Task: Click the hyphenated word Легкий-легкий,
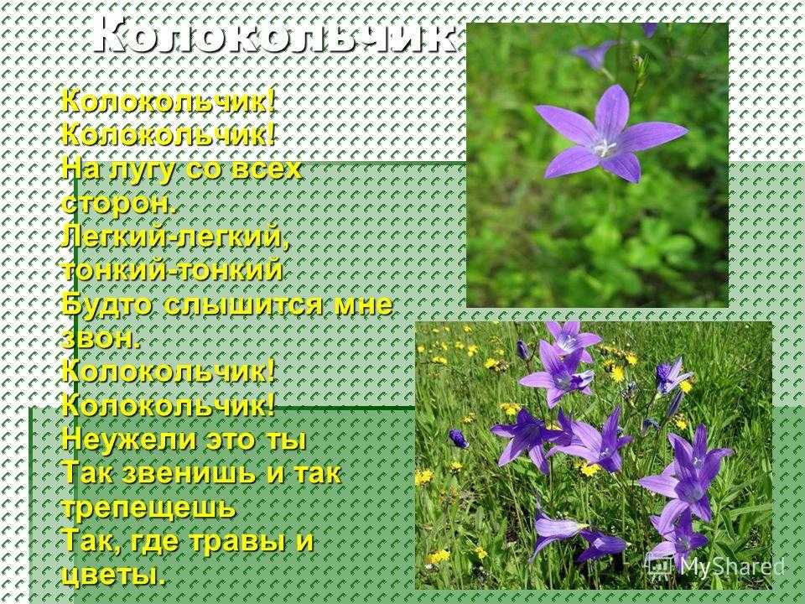pos(175,237)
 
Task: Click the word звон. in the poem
pos(100,340)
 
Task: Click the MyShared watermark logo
pos(715,565)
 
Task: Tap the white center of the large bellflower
pos(605,148)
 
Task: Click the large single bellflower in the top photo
pos(611,134)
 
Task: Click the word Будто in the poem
pos(107,305)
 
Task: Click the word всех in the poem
pos(266,170)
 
